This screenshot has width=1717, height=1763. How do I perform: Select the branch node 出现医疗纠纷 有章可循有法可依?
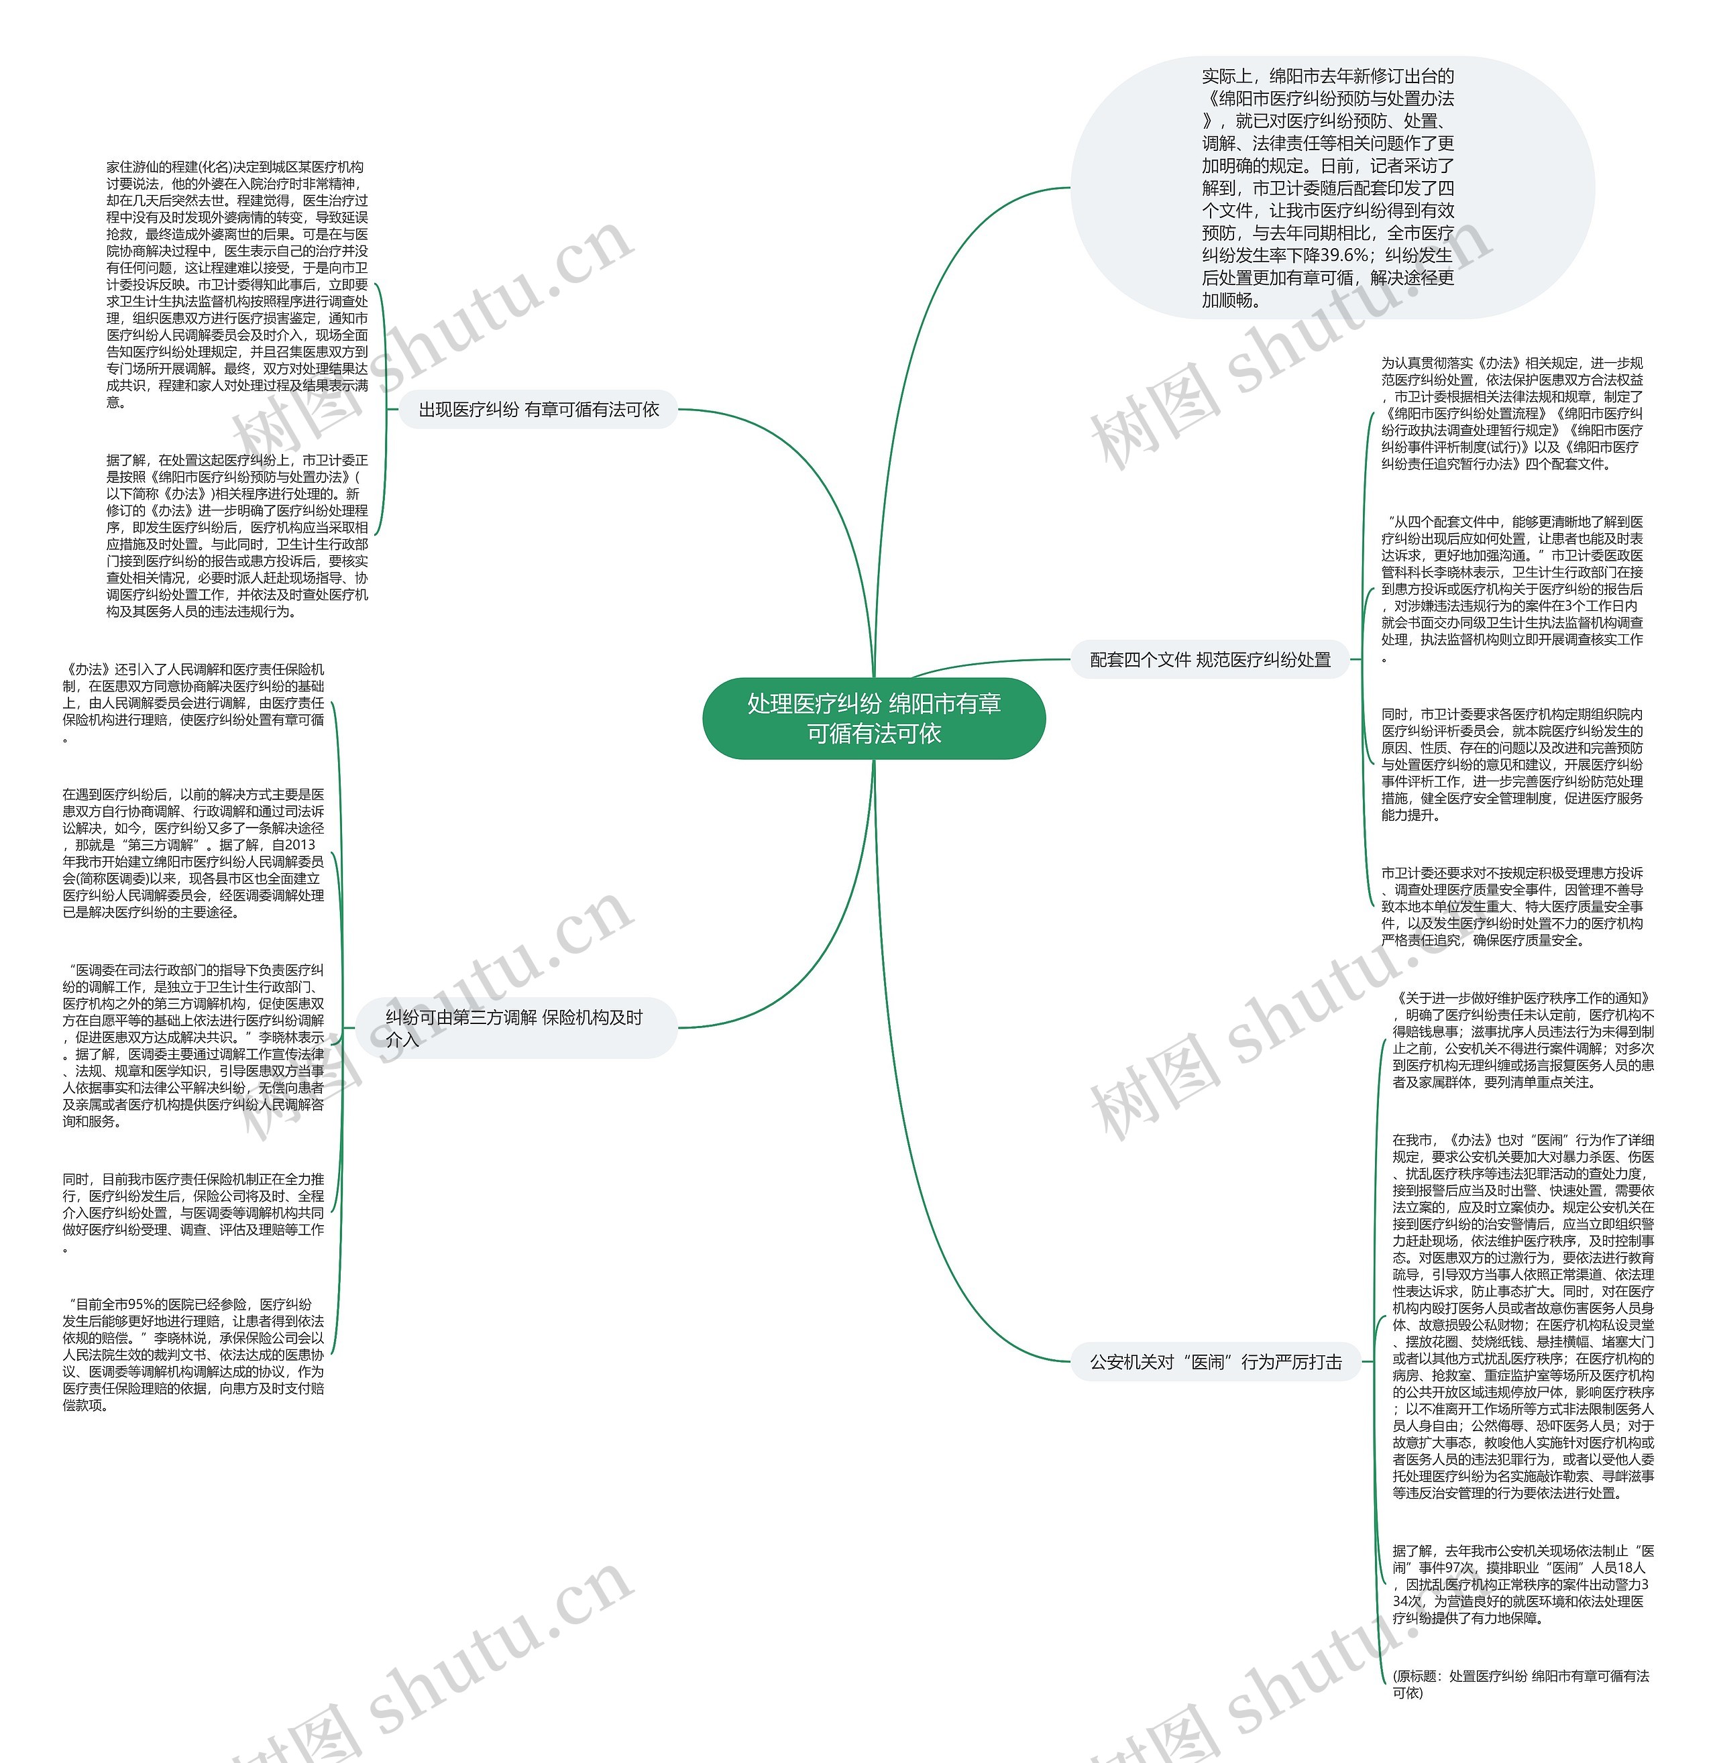(539, 410)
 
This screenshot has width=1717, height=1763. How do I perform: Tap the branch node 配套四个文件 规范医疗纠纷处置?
(1209, 659)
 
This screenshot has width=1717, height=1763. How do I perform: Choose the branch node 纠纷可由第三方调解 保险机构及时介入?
(515, 1028)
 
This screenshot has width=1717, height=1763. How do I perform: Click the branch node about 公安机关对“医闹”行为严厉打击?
(1215, 1362)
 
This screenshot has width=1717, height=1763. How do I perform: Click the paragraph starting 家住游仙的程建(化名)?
(237, 284)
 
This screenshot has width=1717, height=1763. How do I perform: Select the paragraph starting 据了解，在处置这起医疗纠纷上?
(237, 536)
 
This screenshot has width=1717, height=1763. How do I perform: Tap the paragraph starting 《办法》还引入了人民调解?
(193, 703)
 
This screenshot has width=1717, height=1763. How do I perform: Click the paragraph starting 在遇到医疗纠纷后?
(193, 853)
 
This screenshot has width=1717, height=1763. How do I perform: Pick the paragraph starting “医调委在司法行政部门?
(193, 1045)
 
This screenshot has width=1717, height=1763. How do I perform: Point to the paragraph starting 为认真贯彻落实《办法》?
(1511, 413)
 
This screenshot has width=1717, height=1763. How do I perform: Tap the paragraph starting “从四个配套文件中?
(1511, 588)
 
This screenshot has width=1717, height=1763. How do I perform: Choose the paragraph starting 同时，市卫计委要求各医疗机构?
(1511, 764)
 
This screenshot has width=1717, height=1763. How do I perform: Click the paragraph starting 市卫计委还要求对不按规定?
(1511, 906)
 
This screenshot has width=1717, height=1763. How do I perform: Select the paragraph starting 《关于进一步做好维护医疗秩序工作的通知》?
(1523, 1040)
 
